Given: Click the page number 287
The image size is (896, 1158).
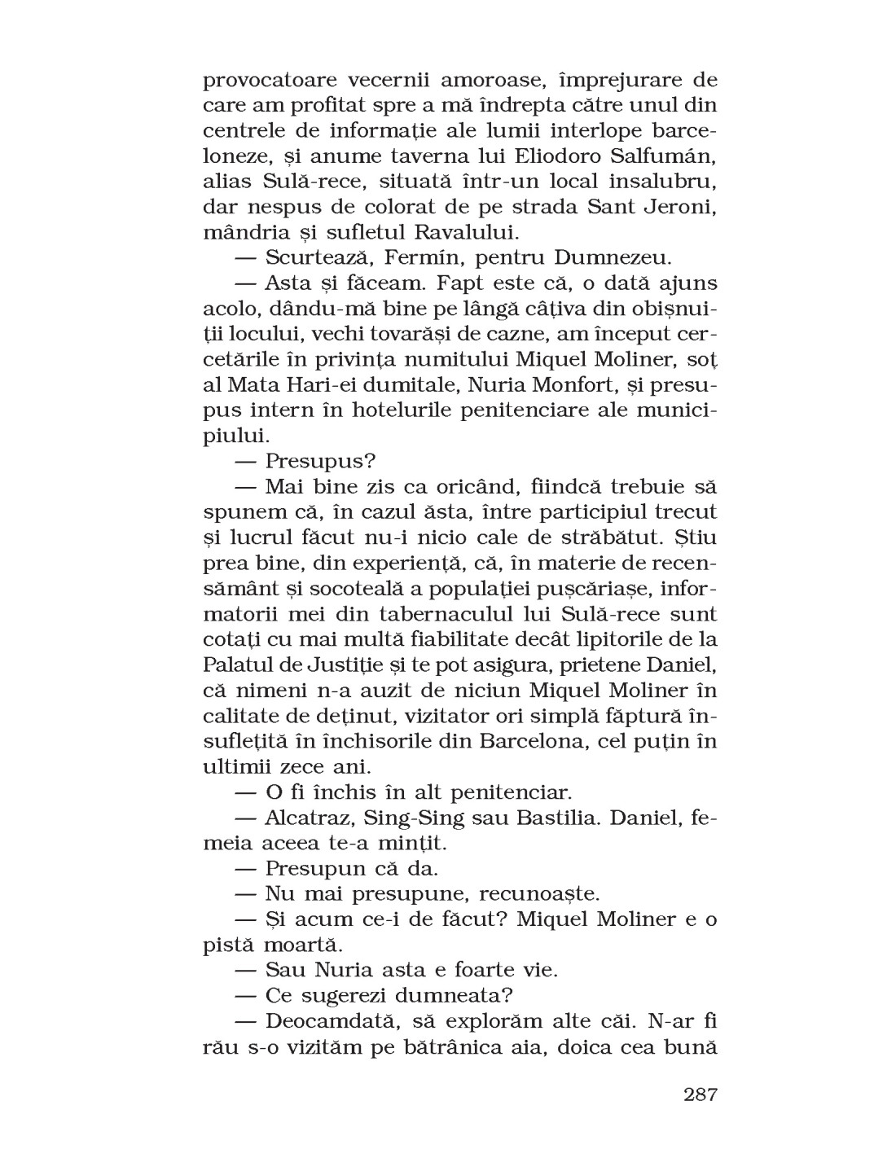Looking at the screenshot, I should click(700, 1094).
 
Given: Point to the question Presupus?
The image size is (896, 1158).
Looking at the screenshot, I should click(321, 460).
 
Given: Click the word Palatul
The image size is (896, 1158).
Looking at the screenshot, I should click(241, 664).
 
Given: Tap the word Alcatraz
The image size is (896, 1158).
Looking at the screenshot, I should click(310, 816).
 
